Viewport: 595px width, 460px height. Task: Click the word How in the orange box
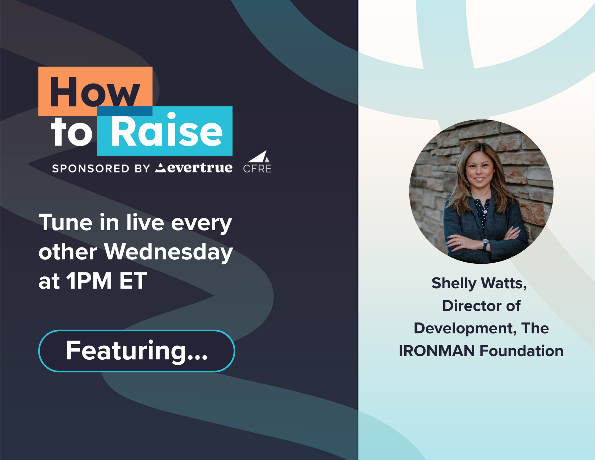pos(95,92)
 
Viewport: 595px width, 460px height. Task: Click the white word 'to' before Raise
pos(72,132)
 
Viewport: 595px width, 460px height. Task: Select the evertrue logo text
pos(194,168)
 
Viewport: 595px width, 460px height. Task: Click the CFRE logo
pos(257,162)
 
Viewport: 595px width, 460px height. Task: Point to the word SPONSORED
pos(91,168)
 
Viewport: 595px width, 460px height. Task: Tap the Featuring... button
pos(137,351)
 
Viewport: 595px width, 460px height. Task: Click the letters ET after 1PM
pos(133,281)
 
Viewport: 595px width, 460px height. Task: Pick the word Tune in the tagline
pos(65,223)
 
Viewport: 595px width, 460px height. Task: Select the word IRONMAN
pos(437,351)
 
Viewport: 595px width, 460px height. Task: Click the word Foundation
pos(521,351)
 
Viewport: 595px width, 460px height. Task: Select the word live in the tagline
pos(145,223)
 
